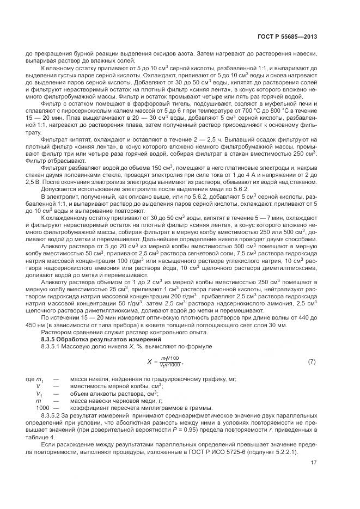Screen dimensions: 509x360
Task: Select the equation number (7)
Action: (312, 361)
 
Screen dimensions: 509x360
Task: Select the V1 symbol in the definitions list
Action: (39, 393)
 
